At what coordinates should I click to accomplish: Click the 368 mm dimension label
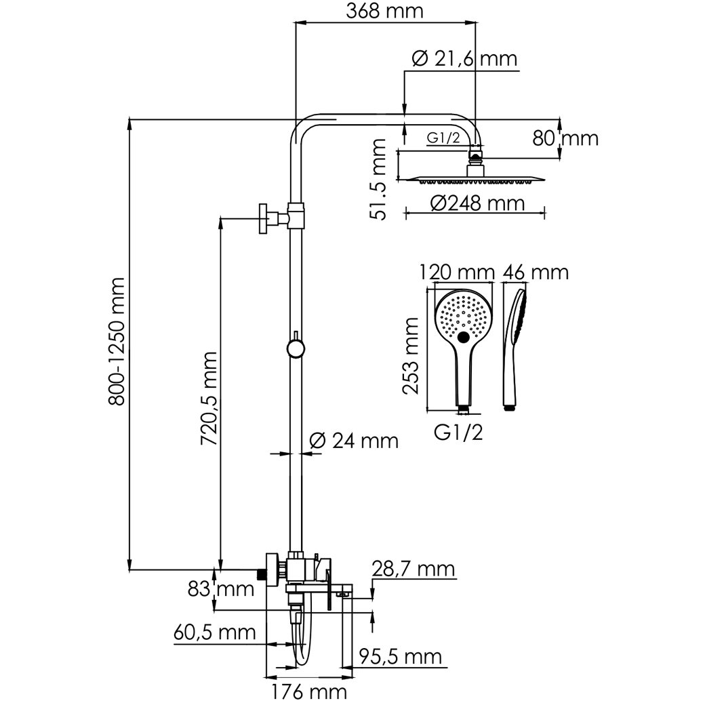coord(383,12)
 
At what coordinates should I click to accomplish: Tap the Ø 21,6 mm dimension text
coord(464,60)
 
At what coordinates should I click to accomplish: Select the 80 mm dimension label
coord(566,139)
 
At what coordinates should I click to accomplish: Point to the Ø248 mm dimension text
coord(478,203)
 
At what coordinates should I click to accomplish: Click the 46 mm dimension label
coord(535,273)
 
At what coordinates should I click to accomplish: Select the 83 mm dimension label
coord(220,588)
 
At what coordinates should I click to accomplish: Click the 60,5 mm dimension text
coord(214,632)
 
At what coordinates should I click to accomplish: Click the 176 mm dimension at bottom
coord(318,692)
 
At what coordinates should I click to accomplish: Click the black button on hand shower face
coord(464,338)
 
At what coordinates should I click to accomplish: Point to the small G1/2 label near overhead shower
coord(444,138)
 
